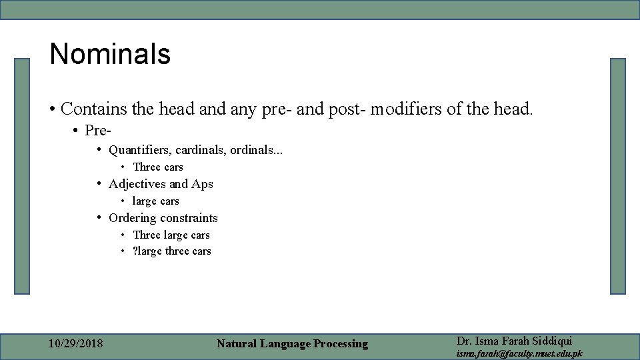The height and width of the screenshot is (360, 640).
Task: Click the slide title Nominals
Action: click(110, 54)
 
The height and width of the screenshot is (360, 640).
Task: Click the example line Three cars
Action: click(157, 167)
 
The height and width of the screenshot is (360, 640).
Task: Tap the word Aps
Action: click(202, 184)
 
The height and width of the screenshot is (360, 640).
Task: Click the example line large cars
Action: click(155, 201)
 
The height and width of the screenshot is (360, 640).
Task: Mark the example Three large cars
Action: click(171, 235)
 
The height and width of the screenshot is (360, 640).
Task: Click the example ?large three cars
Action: click(171, 251)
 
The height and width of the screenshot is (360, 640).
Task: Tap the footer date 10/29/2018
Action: click(76, 344)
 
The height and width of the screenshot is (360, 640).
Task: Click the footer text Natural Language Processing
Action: click(292, 344)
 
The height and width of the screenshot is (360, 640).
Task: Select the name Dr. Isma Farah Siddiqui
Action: click(514, 341)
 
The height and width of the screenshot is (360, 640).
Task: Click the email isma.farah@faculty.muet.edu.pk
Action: click(519, 353)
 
